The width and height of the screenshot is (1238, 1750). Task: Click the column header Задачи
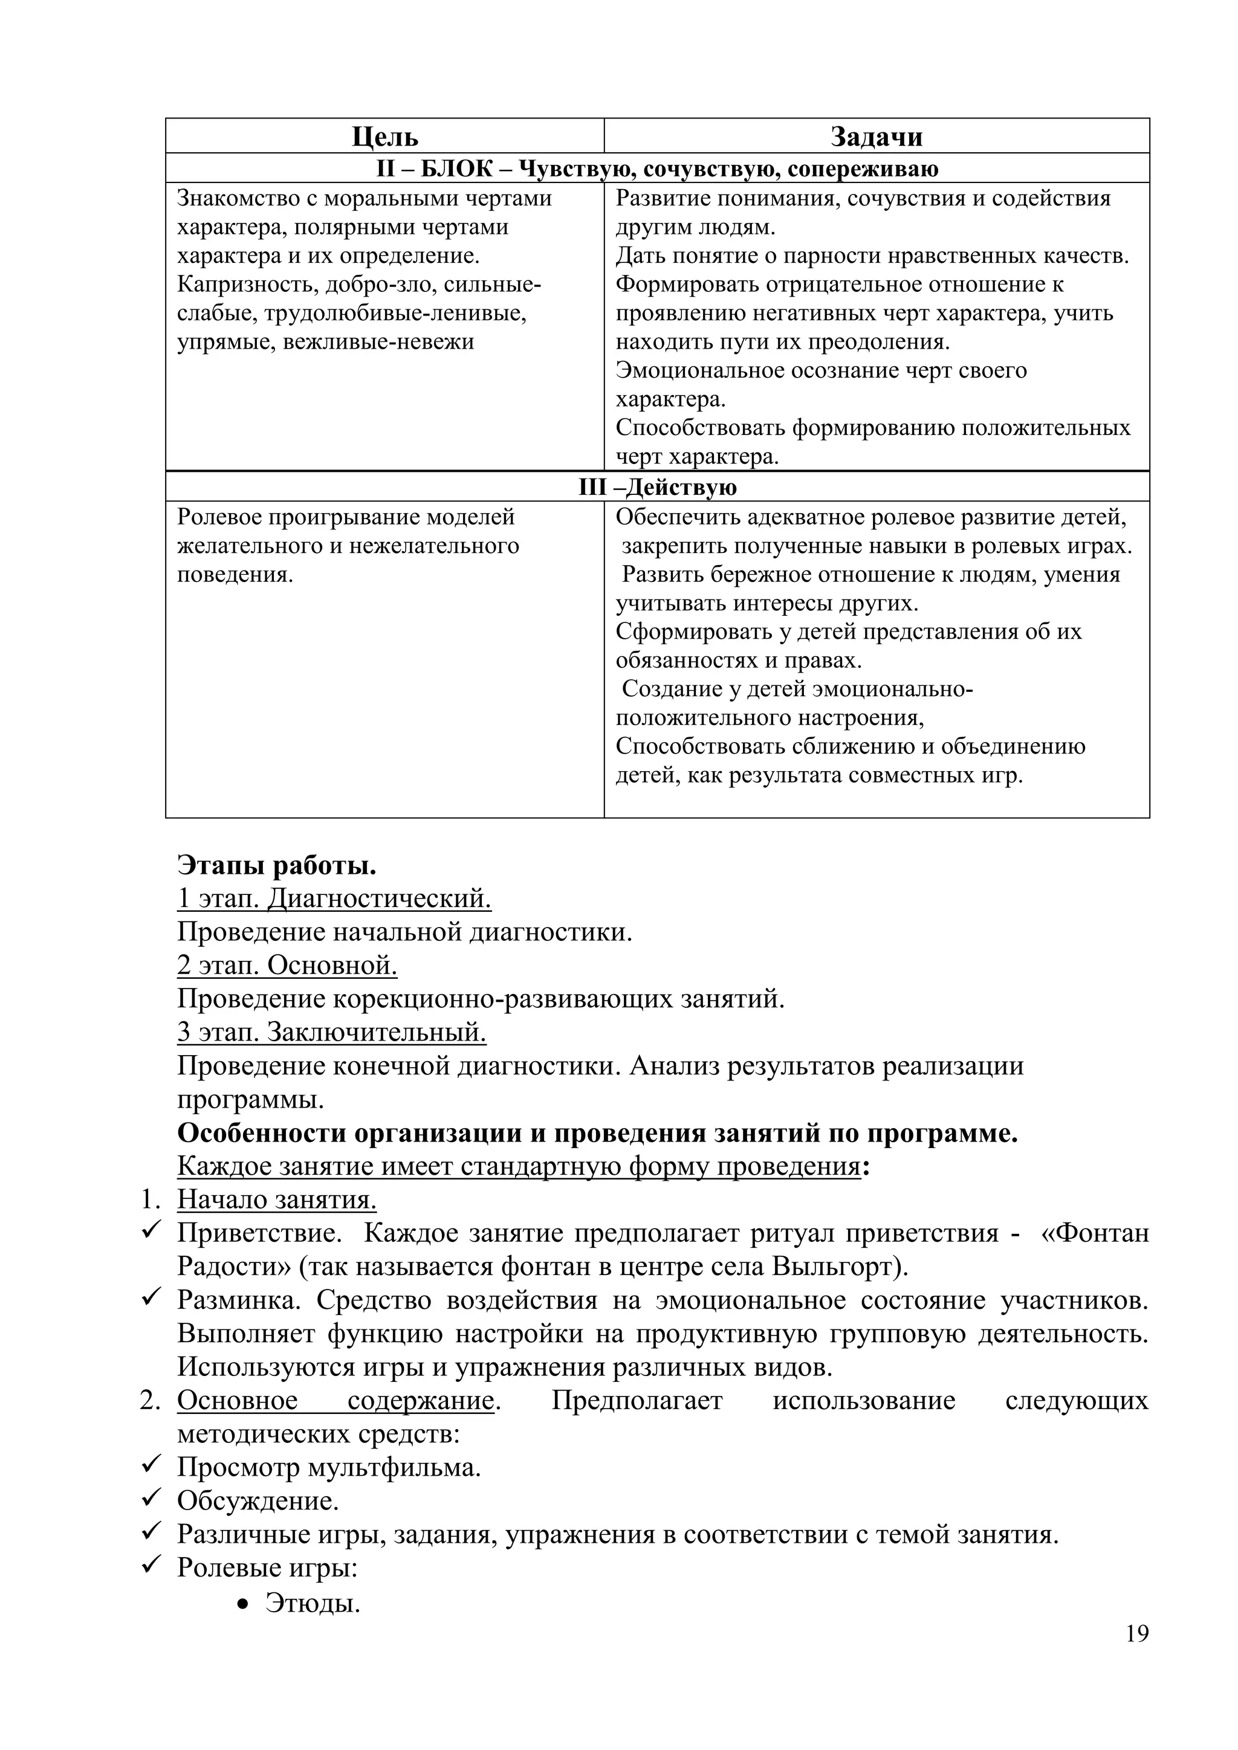pos(876,137)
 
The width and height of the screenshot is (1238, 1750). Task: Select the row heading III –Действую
pos(657,487)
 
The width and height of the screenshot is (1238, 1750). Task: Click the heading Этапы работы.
pos(277,866)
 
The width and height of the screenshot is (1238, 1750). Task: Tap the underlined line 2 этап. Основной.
pos(287,966)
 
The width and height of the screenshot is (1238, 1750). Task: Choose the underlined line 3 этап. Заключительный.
pos(332,1033)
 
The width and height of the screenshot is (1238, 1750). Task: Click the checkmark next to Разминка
pos(150,1298)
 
